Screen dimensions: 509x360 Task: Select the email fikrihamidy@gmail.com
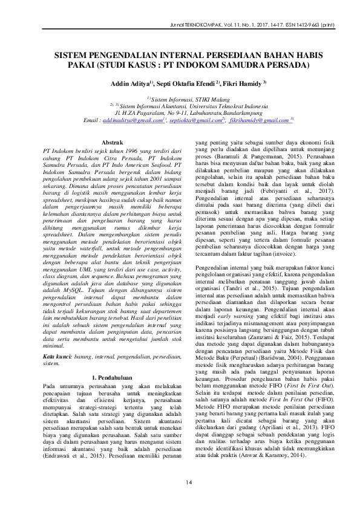click(x=259, y=120)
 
